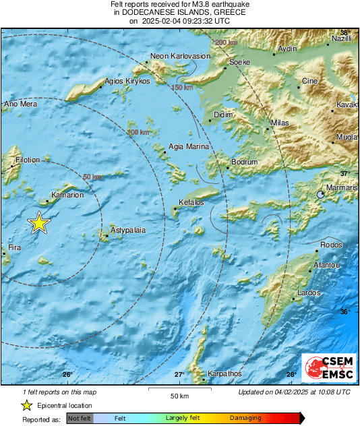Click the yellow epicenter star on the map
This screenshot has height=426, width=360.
pos(40,223)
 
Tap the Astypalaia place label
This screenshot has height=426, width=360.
pos(128,231)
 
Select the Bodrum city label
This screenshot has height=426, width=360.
pos(244,162)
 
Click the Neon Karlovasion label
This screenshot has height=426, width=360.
pos(181,57)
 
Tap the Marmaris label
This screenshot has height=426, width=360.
pos(342,188)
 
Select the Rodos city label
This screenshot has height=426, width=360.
pos(331,245)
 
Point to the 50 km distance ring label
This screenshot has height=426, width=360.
pos(92,177)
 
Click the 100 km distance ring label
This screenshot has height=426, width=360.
pos(138,132)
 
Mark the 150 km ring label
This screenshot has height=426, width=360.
pos(182,88)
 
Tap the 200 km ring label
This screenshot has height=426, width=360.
pos(227,43)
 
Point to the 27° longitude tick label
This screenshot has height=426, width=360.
pos(179,375)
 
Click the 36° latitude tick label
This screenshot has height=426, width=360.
pos(344,311)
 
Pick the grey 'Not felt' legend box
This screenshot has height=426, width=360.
pos(80,419)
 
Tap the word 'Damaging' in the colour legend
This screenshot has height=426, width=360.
pos(245,419)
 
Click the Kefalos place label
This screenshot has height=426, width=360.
pos(191,202)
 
